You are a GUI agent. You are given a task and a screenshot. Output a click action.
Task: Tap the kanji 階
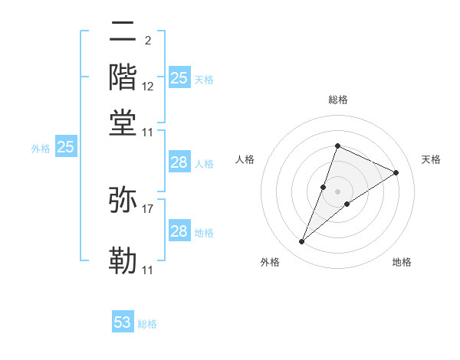tap(123, 77)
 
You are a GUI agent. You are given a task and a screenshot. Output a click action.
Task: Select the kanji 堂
tap(123, 123)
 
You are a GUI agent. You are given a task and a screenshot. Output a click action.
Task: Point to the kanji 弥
tap(123, 200)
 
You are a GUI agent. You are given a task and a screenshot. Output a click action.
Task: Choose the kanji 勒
tap(123, 261)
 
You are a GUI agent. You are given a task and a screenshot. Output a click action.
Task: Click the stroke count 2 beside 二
tap(147, 41)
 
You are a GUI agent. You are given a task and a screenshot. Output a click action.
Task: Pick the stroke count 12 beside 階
tap(148, 87)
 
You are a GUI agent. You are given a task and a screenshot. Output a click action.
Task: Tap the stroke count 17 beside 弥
tap(148, 208)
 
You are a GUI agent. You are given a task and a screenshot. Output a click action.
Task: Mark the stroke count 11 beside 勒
tap(148, 270)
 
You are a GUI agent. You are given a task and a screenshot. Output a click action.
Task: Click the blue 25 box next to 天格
tap(179, 77)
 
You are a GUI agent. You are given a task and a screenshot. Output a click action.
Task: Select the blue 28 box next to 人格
tap(179, 162)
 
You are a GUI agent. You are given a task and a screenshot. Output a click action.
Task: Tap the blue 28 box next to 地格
tap(179, 231)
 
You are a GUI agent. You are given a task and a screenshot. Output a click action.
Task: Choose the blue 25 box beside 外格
tap(65, 147)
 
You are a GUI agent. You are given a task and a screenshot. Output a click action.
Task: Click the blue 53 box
tap(123, 322)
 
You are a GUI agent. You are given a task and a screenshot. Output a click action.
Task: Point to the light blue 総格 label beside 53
tap(147, 324)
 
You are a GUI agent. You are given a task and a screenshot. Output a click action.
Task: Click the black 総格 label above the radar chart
tap(337, 100)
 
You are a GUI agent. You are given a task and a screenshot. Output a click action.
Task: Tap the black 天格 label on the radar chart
tap(431, 159)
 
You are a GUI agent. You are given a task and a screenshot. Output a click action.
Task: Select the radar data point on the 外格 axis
tap(301, 242)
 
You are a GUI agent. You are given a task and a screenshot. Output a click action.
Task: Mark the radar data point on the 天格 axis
tap(396, 172)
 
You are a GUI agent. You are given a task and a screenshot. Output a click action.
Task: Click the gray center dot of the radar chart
tap(337, 191)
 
